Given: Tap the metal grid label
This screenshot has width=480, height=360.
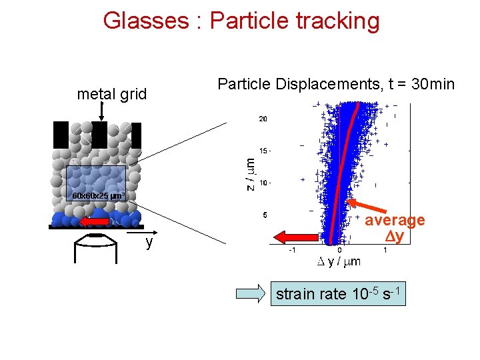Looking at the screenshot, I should [112, 95].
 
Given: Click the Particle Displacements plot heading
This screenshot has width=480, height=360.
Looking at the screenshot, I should [336, 84].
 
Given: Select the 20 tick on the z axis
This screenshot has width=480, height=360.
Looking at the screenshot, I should [263, 119].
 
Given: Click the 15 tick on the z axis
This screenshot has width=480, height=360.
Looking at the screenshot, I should [264, 151].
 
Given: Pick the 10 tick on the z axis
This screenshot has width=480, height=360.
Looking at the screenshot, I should [263, 183].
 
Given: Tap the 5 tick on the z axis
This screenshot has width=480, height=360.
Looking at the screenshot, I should [265, 215].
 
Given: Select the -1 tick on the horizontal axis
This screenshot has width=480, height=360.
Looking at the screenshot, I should [292, 251].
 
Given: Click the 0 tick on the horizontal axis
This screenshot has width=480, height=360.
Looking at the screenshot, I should [339, 251].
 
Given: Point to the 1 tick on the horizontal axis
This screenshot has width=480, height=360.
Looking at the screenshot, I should [387, 251].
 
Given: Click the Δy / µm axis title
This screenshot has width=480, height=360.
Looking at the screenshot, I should [338, 261].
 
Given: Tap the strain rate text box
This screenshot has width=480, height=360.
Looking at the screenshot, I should [338, 294].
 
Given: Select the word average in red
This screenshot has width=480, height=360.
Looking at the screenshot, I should [395, 221].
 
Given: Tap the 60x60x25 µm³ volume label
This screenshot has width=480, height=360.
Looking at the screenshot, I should [99, 196].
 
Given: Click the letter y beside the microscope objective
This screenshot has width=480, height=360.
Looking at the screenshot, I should [149, 243].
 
